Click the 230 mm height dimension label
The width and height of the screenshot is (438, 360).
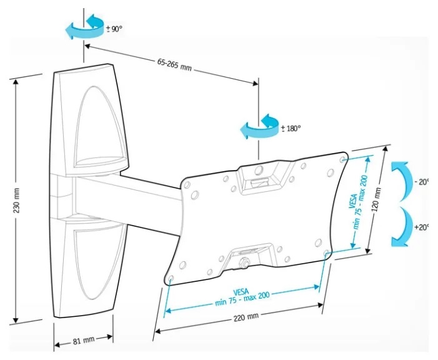17,200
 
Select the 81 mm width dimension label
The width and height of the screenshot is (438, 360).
84,341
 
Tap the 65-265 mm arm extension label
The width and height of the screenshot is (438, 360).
174,65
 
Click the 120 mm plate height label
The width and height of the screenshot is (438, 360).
377,199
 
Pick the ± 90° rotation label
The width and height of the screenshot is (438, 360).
114,29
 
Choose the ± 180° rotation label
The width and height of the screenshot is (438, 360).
291,129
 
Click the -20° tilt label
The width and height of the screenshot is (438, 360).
422,182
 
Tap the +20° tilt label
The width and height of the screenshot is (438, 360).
422,227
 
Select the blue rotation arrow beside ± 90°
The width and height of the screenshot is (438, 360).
84,27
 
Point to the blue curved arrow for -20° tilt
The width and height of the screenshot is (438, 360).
402,181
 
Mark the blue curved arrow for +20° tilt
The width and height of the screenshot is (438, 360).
402,227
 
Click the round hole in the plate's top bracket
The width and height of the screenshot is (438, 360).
259,169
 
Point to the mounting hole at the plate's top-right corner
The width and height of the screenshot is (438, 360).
343,159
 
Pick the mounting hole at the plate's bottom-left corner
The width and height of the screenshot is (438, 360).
171,278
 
